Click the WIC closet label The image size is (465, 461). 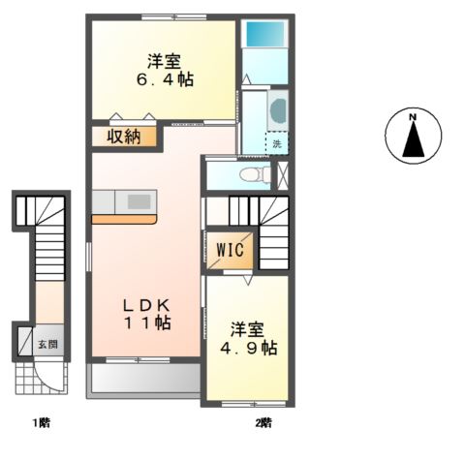pyautogui.click(x=230, y=250)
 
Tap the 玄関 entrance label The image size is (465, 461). pyautogui.click(x=46, y=343)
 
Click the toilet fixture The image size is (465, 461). pyautogui.click(x=254, y=175)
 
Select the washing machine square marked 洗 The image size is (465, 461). pyautogui.click(x=277, y=142)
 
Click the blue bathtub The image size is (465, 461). pyautogui.click(x=262, y=35)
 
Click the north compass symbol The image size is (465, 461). pyautogui.click(x=412, y=137)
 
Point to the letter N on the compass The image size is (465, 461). pyautogui.click(x=412, y=119)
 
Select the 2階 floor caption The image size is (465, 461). pyautogui.click(x=263, y=423)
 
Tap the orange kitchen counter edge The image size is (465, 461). pyautogui.click(x=124, y=220)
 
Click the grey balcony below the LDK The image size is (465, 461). pyautogui.click(x=145, y=379)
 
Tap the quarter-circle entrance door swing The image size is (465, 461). pyautogui.click(x=48, y=377)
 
